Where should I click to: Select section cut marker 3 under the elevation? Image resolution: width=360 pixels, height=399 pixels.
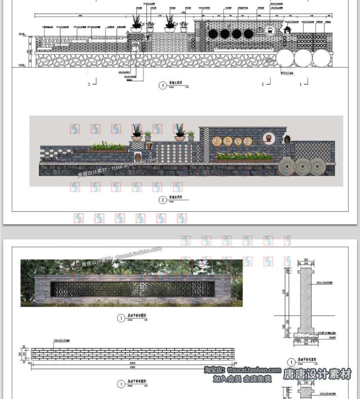point(89,84)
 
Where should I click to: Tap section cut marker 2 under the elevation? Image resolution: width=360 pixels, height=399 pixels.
point(263,84)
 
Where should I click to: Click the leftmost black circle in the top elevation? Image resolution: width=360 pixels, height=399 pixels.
point(213,34)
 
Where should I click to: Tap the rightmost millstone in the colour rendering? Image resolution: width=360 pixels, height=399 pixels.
point(317,167)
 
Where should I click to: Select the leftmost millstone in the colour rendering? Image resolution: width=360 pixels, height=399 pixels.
point(287,167)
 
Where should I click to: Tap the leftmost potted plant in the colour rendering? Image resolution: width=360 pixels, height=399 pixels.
point(136,133)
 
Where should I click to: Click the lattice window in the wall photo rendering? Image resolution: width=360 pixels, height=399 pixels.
point(132,289)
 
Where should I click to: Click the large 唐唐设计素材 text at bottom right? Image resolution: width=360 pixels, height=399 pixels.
point(317,374)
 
